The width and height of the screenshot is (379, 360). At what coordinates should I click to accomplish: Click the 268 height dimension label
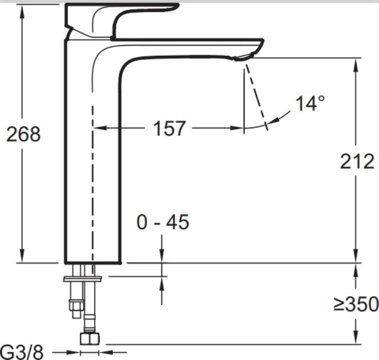(x=23, y=134)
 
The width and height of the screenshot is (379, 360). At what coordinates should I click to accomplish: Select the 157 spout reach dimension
(x=170, y=128)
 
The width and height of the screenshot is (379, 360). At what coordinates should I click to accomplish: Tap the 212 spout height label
(x=357, y=161)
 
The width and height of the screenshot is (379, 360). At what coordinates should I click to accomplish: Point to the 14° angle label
(x=310, y=103)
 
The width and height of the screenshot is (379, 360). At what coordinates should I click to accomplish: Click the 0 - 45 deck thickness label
(x=163, y=222)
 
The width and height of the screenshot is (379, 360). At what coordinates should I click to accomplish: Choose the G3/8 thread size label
(x=22, y=353)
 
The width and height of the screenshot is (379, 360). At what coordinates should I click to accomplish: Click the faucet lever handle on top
(x=121, y=20)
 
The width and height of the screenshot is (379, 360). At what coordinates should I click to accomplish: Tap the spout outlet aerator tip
(x=243, y=58)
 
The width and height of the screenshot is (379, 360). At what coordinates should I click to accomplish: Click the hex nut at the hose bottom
(x=89, y=338)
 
